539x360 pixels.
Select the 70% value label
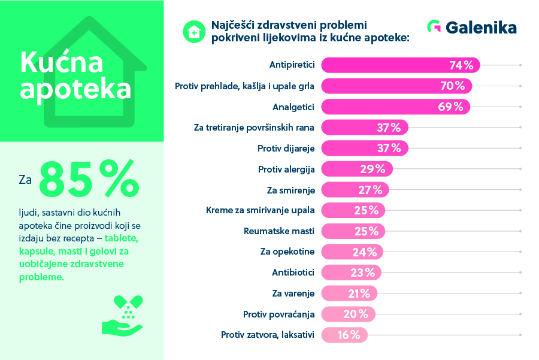tap(453, 86)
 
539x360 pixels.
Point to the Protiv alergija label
tap(286, 169)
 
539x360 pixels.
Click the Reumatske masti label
tap(279, 231)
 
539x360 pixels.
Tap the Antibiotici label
tap(293, 273)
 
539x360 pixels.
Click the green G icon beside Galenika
tap(434, 27)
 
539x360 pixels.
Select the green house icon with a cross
tap(193, 31)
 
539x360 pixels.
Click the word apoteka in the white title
tap(75, 89)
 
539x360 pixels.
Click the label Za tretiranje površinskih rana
tap(255, 128)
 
